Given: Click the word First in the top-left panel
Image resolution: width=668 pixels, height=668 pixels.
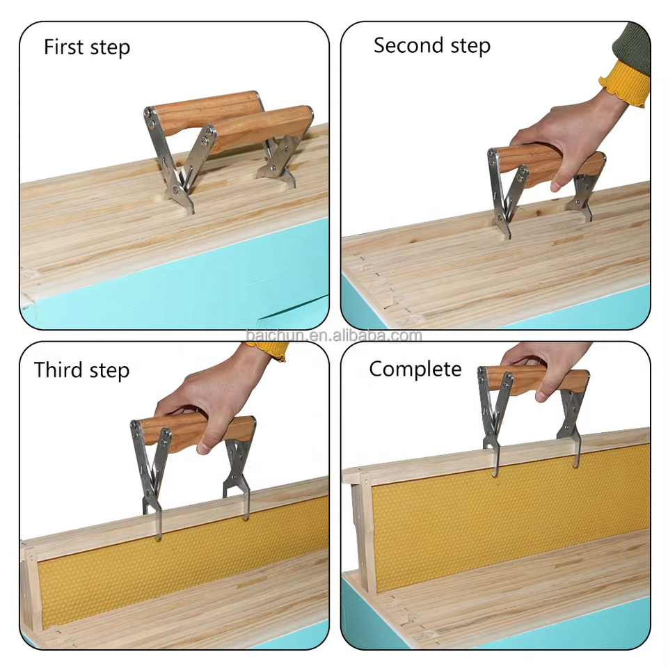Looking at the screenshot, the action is tap(63, 47).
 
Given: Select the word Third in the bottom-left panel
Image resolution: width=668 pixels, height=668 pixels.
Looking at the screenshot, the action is tap(58, 369).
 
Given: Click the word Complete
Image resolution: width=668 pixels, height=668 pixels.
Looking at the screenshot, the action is tap(415, 369).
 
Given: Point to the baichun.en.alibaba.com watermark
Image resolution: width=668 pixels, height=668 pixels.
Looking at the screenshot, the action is tap(334, 335).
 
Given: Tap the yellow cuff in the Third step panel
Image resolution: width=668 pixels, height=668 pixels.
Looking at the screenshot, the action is tap(273, 351).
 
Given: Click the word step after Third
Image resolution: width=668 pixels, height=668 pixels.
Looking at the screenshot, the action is tap(109, 371).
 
